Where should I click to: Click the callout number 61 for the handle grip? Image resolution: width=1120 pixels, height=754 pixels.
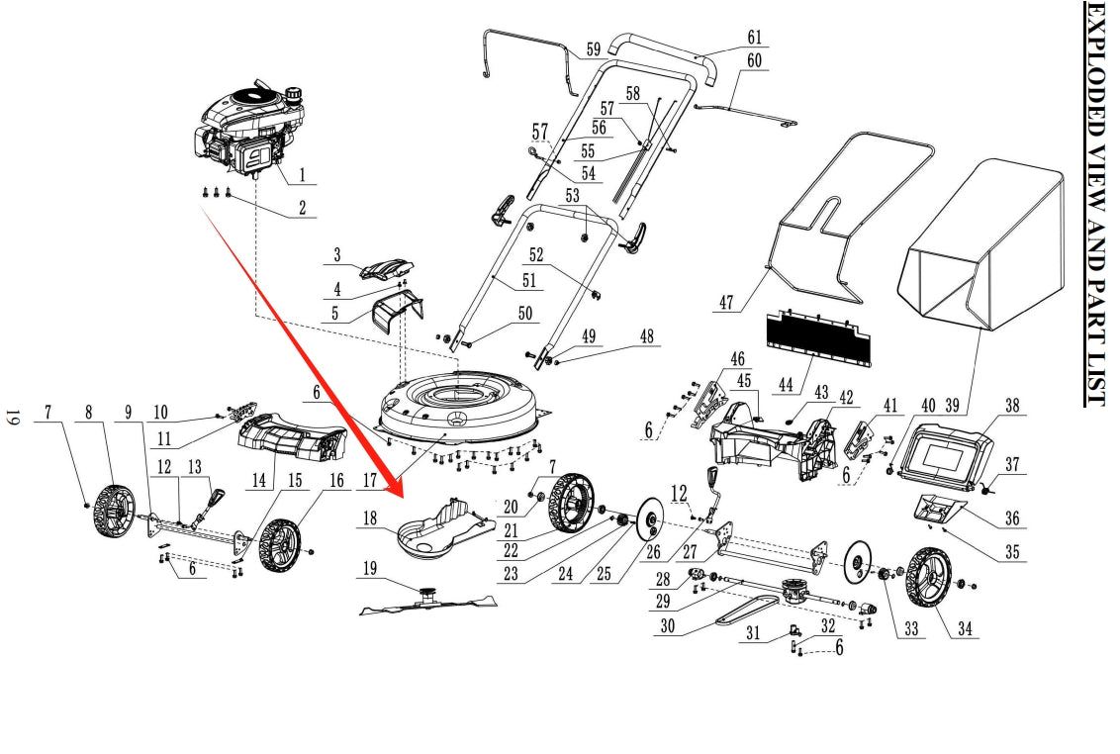tap(754, 38)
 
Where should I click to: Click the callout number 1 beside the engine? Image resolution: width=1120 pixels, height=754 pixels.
tap(302, 176)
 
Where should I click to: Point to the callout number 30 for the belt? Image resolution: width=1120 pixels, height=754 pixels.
tap(669, 626)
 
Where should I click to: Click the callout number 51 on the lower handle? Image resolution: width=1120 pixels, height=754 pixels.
tap(529, 281)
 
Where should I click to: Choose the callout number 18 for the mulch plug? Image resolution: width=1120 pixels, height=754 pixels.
tap(369, 518)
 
